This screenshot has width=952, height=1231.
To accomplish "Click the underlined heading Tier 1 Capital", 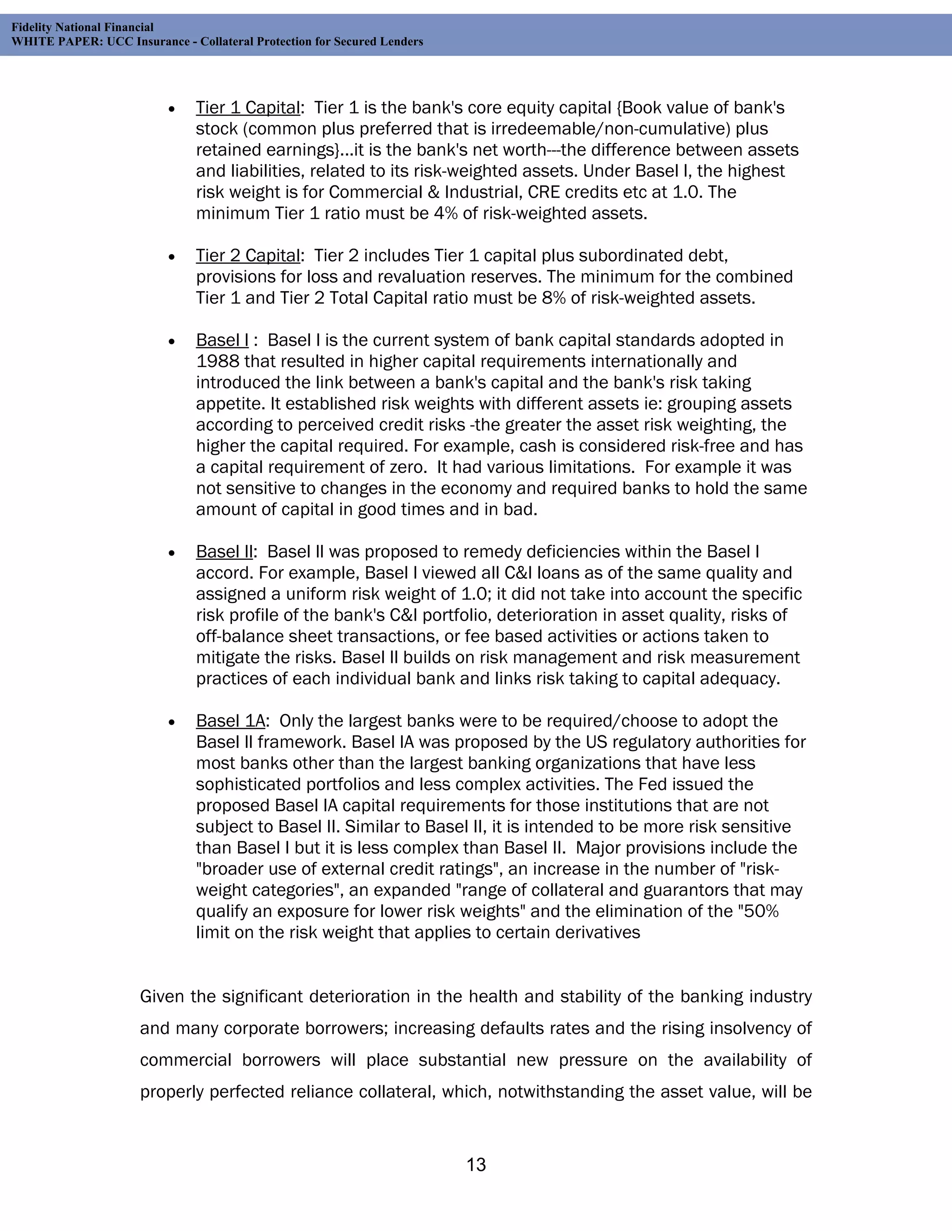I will [x=248, y=108].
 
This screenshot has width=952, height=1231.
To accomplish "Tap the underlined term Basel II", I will [x=225, y=552].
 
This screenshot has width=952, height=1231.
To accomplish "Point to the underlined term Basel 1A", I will [x=230, y=721].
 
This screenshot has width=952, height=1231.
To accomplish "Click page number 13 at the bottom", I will [x=476, y=1165].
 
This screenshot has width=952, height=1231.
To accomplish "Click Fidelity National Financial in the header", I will [x=82, y=27].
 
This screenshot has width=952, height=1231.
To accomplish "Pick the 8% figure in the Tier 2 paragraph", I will [x=553, y=298].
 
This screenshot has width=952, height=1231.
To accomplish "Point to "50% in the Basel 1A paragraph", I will [x=758, y=911].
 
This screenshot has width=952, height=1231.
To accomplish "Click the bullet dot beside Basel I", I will [x=172, y=341].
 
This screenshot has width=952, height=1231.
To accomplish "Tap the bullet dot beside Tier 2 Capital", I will [x=172, y=257].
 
